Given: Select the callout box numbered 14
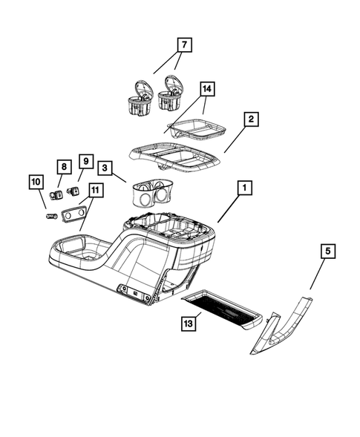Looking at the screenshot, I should (x=208, y=90).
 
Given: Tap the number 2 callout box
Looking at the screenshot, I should (x=252, y=119).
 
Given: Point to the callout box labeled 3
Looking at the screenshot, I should (x=106, y=169).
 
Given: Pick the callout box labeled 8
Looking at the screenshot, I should (x=65, y=167).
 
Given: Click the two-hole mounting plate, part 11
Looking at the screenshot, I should (x=74, y=215).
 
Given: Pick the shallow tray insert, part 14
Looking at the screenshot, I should (x=198, y=131).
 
